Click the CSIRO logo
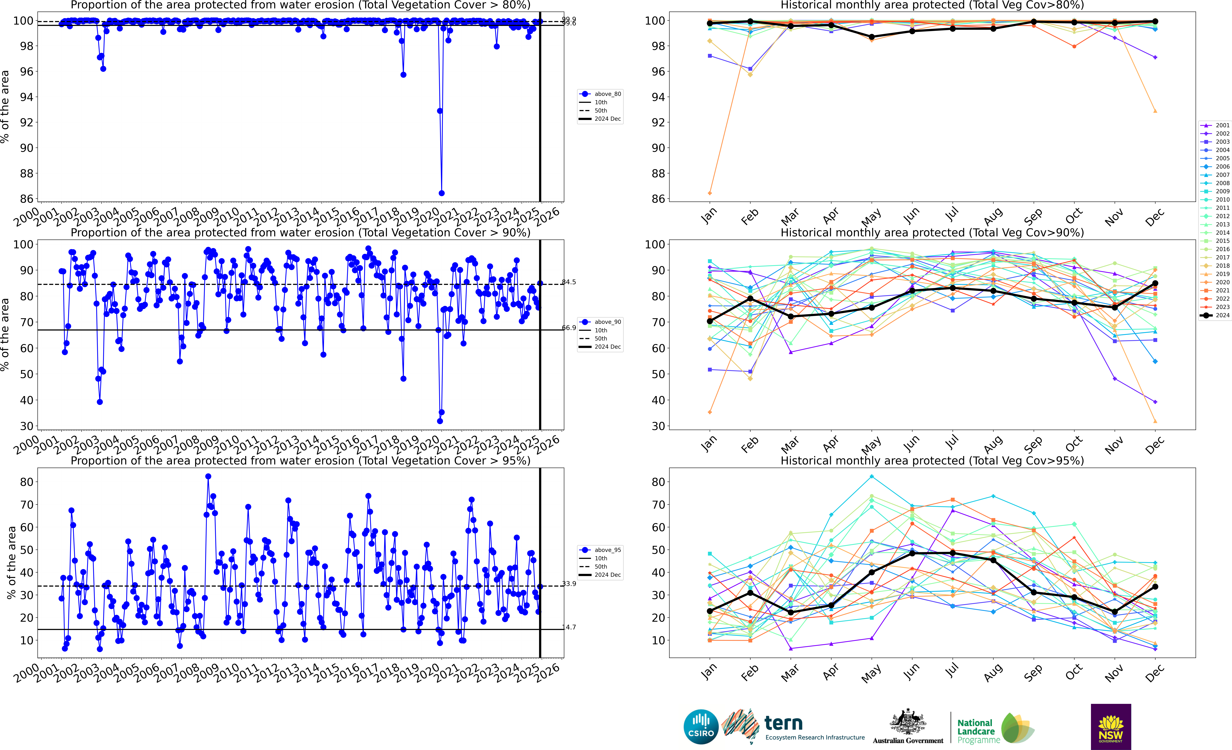pos(701,726)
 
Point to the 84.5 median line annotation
pos(569,282)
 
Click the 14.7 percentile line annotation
pos(569,627)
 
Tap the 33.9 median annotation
pos(569,583)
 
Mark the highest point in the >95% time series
pos(208,477)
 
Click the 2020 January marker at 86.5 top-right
pos(710,193)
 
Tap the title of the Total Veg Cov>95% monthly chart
pos(932,461)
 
